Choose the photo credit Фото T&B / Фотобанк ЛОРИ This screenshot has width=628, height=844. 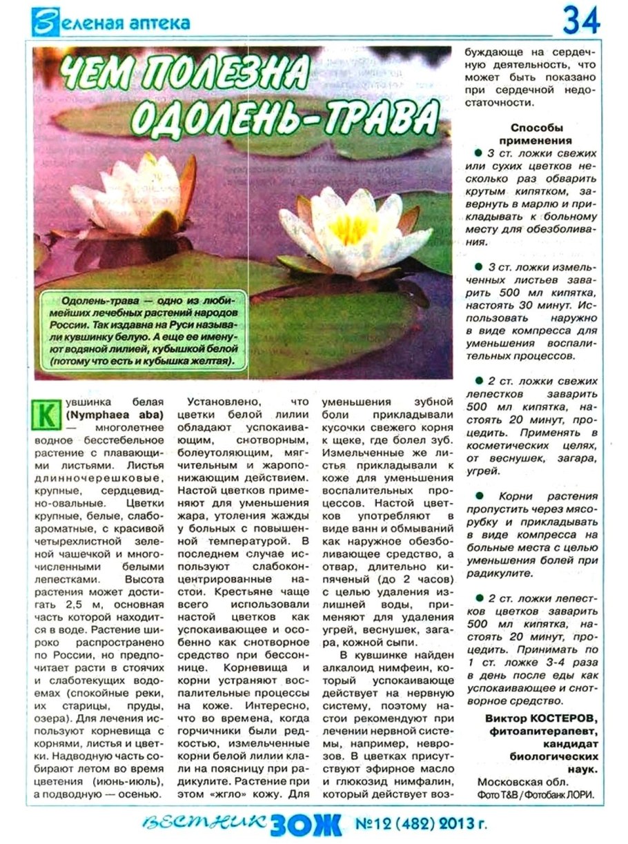coord(536,794)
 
